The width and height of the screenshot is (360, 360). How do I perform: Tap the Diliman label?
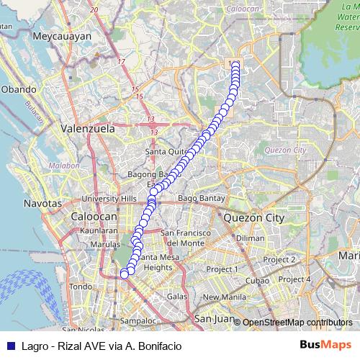[250, 238]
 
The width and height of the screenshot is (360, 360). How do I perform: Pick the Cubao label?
[257, 280]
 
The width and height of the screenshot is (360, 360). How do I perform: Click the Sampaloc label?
[139, 320]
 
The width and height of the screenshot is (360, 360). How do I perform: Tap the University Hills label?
[109, 199]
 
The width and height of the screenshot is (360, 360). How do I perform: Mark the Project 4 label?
[294, 279]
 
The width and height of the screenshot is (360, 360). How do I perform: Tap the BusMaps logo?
[325, 345]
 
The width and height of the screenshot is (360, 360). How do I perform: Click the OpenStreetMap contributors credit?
[297, 322]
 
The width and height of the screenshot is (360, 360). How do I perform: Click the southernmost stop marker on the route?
[125, 274]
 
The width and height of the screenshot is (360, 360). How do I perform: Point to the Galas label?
[177, 297]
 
